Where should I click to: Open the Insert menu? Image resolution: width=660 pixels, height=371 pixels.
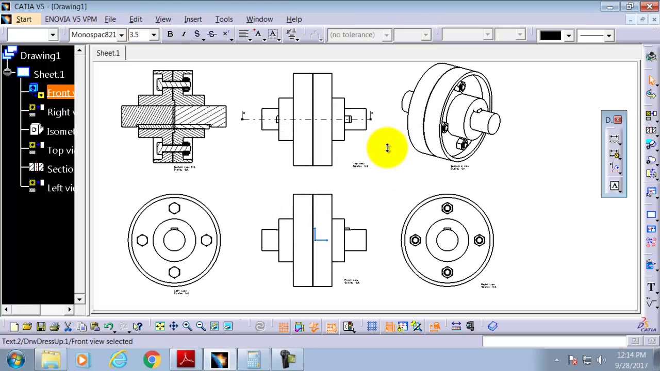click(193, 19)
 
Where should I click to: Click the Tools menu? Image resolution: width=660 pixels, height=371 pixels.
click(224, 19)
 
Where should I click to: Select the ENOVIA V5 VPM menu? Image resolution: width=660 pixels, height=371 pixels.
click(71, 19)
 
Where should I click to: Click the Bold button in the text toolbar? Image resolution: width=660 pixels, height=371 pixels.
click(170, 35)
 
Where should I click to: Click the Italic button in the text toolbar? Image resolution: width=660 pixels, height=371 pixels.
click(183, 35)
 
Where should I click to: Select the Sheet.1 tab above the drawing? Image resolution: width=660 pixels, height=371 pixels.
click(108, 53)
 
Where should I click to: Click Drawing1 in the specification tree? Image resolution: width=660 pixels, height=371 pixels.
click(40, 56)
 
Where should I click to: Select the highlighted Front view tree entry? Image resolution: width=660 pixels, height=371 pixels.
click(60, 93)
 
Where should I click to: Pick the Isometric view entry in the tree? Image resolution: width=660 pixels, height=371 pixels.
click(60, 131)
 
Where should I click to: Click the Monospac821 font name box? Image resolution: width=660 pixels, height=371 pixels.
click(94, 35)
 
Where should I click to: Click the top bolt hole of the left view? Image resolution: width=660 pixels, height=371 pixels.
click(174, 208)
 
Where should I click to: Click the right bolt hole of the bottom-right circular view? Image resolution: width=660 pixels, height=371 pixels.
click(479, 240)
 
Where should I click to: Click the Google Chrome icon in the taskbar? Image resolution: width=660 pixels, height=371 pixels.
click(152, 359)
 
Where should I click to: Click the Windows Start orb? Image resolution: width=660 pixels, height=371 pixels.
click(15, 359)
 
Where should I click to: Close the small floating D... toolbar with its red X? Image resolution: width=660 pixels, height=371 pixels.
click(618, 120)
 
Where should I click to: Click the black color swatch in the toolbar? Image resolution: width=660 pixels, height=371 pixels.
click(550, 35)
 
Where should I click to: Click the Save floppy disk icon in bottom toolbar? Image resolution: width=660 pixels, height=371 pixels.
click(41, 326)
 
